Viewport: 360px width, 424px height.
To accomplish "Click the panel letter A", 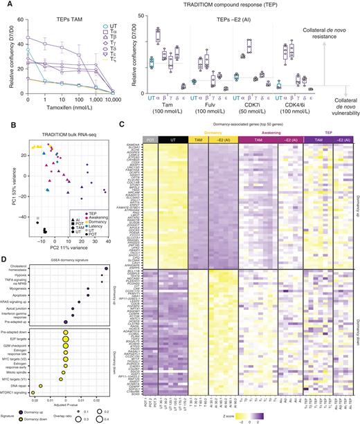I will coord(4,4).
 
